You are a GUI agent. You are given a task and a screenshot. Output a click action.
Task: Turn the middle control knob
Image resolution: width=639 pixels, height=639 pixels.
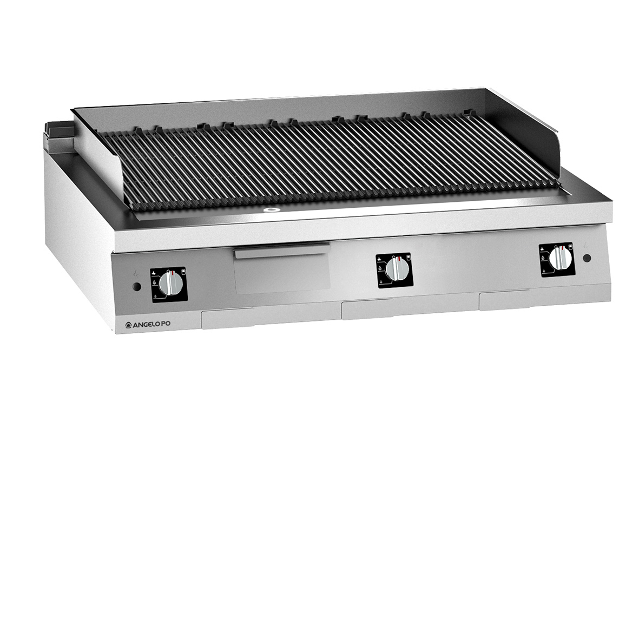coord(396,269)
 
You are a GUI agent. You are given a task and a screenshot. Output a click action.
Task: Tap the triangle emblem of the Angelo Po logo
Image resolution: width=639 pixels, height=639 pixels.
coord(128,325)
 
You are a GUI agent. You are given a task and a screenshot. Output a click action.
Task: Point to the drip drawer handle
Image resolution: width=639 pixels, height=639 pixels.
coord(281,250)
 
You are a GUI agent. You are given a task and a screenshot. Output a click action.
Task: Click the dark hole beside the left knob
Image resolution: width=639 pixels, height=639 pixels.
coord(137,287)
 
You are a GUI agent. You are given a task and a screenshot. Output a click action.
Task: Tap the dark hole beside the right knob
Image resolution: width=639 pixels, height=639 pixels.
coord(587,258)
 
